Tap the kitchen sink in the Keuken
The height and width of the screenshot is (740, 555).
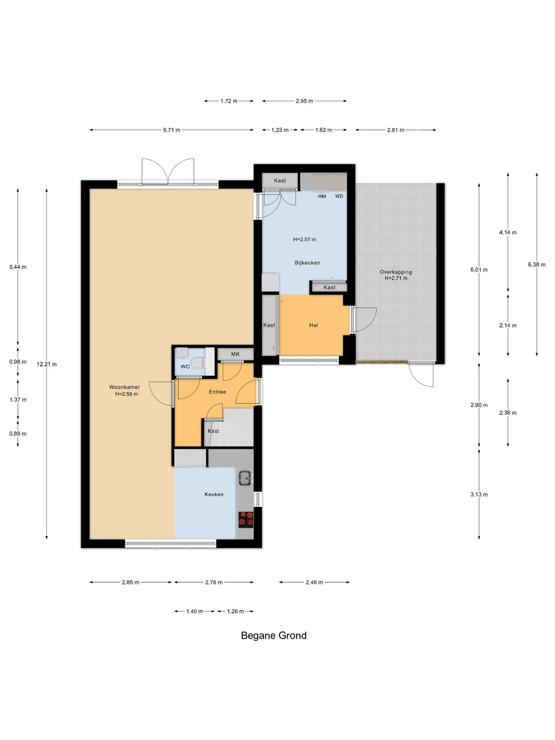[x=246, y=478]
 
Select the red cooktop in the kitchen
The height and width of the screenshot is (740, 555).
[x=246, y=520]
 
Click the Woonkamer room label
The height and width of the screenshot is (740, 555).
[x=124, y=387]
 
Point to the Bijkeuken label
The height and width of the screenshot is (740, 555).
[x=307, y=263]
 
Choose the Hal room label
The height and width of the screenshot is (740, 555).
[x=313, y=325]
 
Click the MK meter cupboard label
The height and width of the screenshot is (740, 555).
[x=235, y=354]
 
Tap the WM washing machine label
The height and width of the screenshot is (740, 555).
[x=322, y=196]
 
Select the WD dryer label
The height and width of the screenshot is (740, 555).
[x=339, y=196]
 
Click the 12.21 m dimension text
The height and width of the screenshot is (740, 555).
[x=47, y=364]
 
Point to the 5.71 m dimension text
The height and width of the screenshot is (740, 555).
[x=172, y=130]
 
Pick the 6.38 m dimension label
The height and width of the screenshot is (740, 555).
[x=536, y=265]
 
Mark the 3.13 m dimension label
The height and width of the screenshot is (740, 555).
[x=479, y=494]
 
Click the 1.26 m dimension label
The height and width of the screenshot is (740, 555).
[x=235, y=611]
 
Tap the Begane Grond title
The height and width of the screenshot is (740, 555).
[x=273, y=636]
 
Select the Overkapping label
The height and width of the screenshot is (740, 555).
[x=396, y=272]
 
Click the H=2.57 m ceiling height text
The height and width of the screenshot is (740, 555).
[x=304, y=239]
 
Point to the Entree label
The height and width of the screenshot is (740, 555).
[x=217, y=392]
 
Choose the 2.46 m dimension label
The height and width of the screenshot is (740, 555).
[x=314, y=582]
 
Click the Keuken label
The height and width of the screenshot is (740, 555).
[x=214, y=494]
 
